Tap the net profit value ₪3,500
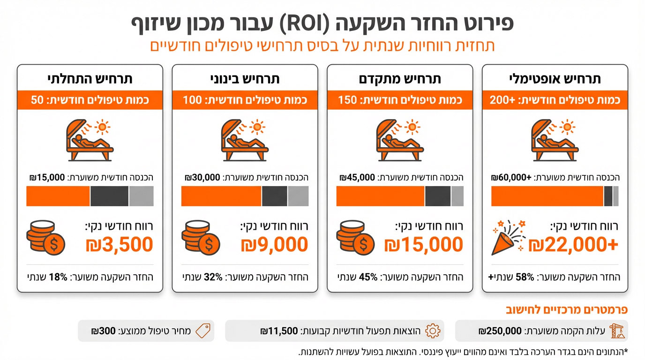(x=120, y=245)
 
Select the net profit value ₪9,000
(x=274, y=245)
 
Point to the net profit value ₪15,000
(x=423, y=245)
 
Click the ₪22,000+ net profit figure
(x=573, y=245)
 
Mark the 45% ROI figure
(x=367, y=277)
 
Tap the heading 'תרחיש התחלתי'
(x=90, y=79)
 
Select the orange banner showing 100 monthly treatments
(x=245, y=100)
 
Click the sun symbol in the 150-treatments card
(x=412, y=127)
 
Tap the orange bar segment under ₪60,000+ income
(x=547, y=196)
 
